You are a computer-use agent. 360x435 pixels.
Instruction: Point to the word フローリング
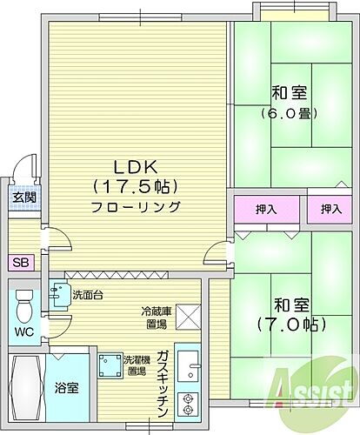tap(135, 207)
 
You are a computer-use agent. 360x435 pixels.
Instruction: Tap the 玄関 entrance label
tap(23, 197)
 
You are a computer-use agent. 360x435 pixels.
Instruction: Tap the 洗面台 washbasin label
tap(86, 295)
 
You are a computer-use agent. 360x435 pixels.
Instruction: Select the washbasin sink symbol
tap(58, 296)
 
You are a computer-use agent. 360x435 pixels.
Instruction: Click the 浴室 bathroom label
tap(68, 388)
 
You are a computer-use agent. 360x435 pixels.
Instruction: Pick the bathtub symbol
tap(23, 386)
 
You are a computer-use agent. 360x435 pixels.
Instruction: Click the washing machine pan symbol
tap(110, 363)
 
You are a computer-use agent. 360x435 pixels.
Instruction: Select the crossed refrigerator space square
tap(188, 317)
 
